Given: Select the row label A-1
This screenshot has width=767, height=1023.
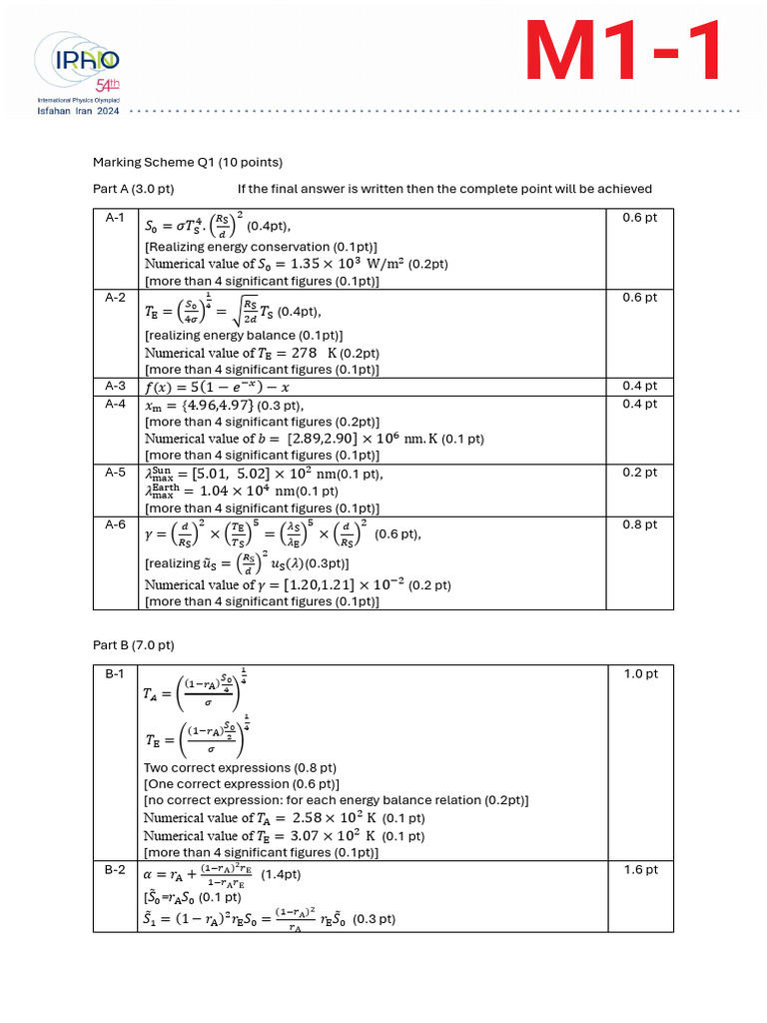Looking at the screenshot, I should [115, 217].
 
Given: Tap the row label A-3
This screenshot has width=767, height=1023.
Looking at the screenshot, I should [115, 386].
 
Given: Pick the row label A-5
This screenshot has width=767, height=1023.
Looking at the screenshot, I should [115, 472].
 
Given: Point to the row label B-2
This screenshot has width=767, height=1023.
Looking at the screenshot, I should [115, 870].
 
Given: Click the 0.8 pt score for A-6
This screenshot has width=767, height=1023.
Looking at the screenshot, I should [640, 524].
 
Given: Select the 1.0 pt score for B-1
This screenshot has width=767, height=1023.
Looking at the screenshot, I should [640, 674].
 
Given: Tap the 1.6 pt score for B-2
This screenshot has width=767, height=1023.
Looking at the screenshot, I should [640, 870].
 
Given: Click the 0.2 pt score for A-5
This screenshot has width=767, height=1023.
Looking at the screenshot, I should [640, 472].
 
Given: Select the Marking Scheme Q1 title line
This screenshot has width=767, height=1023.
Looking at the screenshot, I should [188, 162].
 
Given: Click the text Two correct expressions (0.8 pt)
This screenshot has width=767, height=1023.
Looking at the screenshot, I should [240, 768].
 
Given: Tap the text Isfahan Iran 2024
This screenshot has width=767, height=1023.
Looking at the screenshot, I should [78, 113].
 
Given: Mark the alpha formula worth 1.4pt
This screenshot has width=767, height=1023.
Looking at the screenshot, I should [222, 874].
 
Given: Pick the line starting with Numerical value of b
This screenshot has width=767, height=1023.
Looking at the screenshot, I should [315, 439].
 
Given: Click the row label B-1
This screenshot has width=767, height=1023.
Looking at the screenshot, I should [115, 674].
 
